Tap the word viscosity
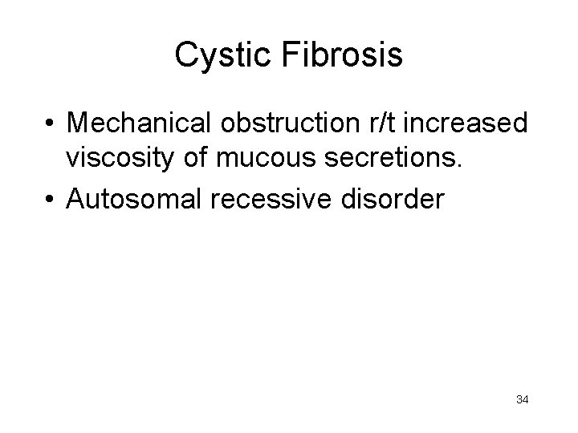(123, 158)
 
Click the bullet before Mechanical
(50, 124)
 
